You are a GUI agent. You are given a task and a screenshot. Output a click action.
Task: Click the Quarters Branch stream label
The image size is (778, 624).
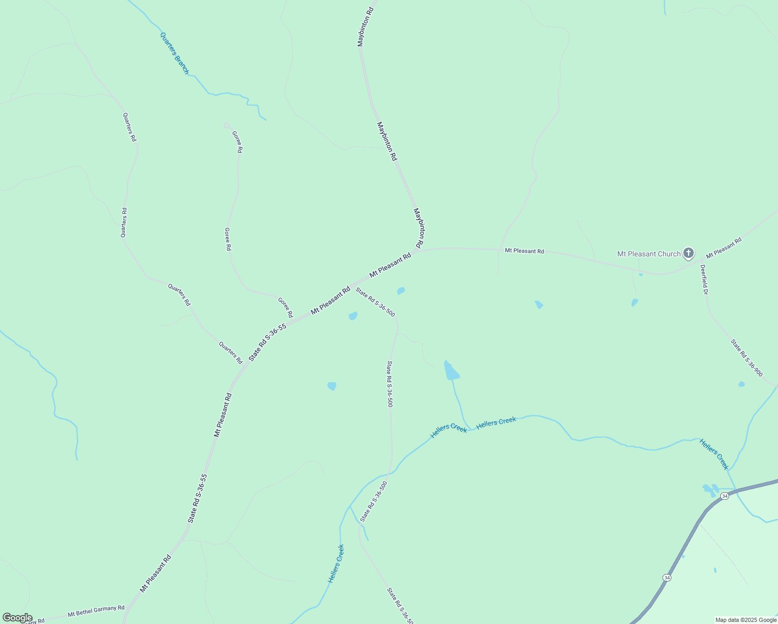tap(174, 54)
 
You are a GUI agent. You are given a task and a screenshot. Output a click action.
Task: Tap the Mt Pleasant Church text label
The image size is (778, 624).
tap(649, 254)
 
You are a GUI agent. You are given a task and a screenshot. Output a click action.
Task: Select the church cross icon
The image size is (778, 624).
tap(689, 253)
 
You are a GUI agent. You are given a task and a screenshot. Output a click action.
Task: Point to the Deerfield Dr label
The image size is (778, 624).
tap(704, 280)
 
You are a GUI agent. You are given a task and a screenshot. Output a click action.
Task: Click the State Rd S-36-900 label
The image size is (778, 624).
tap(746, 358)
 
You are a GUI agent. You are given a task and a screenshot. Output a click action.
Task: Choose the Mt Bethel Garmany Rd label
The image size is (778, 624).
tap(96, 611)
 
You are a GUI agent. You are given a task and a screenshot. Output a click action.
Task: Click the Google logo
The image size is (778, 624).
tap(17, 618)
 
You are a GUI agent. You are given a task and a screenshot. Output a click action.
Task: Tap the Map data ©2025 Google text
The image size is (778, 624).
tap(746, 620)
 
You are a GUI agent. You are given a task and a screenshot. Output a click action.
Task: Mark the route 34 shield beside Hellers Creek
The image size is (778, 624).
tap(725, 496)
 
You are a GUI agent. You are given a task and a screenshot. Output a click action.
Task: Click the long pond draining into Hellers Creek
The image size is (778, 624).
tap(450, 371)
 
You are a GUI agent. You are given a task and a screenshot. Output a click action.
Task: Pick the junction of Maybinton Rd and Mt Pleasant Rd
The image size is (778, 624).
tap(418, 252)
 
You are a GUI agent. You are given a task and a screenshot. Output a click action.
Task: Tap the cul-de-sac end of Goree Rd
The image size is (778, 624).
tap(226, 125)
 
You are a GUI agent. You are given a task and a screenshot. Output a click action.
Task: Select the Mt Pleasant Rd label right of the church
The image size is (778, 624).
tap(723, 249)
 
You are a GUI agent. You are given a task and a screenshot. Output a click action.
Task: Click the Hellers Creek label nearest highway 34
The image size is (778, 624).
tap(714, 454)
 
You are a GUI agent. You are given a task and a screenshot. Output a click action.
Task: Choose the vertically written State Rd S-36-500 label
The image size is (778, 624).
tap(390, 384)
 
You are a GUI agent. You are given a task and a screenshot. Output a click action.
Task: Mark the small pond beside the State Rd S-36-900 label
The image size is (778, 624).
tap(741, 384)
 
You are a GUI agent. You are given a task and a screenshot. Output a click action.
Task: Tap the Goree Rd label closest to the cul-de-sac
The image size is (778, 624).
tap(237, 141)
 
